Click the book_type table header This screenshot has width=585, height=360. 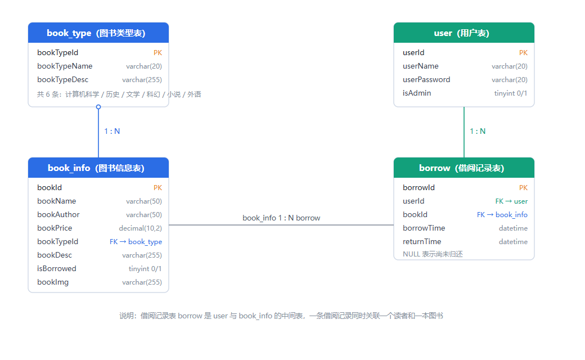(x=98, y=33)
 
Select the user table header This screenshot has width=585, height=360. (x=463, y=33)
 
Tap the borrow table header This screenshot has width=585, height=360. (x=463, y=168)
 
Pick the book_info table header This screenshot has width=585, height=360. (x=98, y=168)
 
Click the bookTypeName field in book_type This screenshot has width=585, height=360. (x=65, y=66)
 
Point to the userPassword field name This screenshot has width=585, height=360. (x=426, y=79)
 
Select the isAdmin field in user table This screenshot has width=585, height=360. (x=417, y=93)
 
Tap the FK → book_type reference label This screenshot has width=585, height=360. (x=136, y=242)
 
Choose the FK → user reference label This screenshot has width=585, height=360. (x=511, y=201)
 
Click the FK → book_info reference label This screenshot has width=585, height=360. (x=502, y=214)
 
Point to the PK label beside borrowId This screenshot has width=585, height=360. (x=524, y=188)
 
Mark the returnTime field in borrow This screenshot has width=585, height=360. (x=422, y=241)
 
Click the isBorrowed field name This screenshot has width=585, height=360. (x=57, y=269)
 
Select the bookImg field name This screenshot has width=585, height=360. (x=53, y=282)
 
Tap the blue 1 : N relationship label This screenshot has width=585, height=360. (x=112, y=131)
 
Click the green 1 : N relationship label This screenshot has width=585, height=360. (x=478, y=131)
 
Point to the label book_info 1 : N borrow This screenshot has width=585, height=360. (x=281, y=218)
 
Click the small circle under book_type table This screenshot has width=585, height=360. (x=98, y=107)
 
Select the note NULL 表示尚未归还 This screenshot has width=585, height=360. (x=433, y=254)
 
